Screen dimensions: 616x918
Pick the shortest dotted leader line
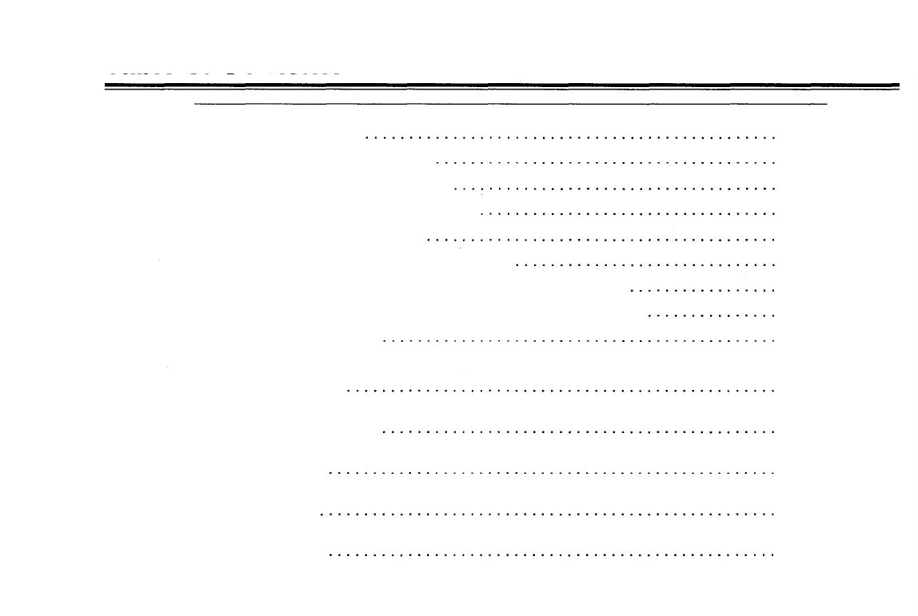point(712,316)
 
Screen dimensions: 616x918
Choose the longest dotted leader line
point(548,514)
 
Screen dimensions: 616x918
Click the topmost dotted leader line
point(571,138)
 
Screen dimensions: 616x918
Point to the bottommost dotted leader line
point(552,554)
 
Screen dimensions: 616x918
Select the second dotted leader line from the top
point(606,163)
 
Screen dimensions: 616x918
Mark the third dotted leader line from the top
point(615,189)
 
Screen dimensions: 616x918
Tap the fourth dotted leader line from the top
point(629,214)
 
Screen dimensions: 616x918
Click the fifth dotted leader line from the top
point(601,239)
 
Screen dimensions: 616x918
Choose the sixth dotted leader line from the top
point(646,264)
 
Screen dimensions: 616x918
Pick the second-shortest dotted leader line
point(704,290)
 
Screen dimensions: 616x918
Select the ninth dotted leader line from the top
point(579,341)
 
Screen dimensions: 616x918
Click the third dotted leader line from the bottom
point(552,472)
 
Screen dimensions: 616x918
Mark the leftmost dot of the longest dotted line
point(321,514)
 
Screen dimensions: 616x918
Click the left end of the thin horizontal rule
point(195,105)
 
